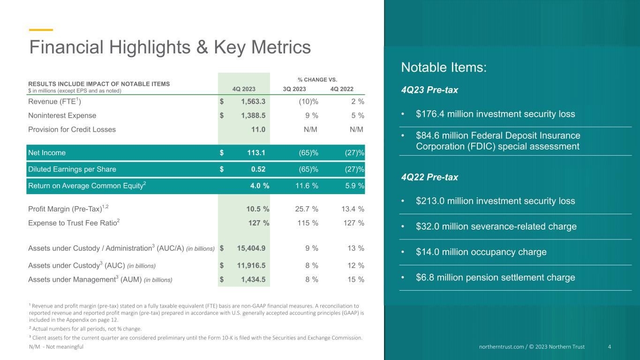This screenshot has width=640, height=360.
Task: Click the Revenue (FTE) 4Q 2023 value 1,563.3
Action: [253, 101]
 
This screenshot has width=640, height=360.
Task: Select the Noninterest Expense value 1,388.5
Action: [253, 115]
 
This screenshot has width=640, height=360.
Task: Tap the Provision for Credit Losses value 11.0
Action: [258, 129]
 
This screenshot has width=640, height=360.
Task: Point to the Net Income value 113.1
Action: [256, 152]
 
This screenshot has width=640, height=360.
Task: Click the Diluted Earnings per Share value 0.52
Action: [258, 169]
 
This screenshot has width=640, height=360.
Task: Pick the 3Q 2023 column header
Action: [294, 89]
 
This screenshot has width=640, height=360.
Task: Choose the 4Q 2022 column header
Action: [342, 89]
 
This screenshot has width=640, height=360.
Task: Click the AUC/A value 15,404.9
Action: [251, 248]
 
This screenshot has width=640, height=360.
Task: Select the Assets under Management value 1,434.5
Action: [253, 279]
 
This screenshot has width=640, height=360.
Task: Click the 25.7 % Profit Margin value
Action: [307, 209]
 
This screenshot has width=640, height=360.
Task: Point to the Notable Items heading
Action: [444, 67]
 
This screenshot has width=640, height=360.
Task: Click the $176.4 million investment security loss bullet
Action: [496, 114]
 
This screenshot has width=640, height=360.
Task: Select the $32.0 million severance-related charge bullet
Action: [496, 226]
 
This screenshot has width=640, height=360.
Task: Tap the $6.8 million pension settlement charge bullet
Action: [496, 277]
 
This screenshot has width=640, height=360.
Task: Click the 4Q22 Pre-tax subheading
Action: [429, 177]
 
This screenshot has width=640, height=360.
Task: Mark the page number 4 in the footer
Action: [610, 346]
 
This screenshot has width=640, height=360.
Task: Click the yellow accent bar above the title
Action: [41, 30]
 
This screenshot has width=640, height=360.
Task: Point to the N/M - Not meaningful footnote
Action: [56, 346]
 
